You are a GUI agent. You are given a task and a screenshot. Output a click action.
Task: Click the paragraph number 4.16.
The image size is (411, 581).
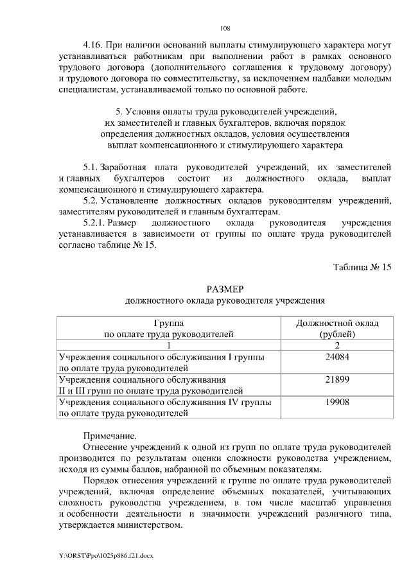(x=94, y=46)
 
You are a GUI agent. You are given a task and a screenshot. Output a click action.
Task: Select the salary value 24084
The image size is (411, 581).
(x=337, y=357)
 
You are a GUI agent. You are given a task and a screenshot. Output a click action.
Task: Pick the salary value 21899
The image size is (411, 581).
(x=337, y=379)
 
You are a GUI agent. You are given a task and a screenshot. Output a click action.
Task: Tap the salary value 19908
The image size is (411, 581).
(x=337, y=402)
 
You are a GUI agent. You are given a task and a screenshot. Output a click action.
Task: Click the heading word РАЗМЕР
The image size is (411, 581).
(x=225, y=288)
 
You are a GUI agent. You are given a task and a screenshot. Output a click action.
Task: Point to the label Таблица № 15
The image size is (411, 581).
(x=362, y=266)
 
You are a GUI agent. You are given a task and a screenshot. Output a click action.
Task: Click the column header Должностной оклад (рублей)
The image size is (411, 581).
(x=337, y=329)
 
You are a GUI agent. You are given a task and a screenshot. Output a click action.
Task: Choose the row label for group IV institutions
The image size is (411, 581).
(x=164, y=408)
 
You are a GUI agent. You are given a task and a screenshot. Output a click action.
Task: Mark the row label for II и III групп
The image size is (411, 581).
(x=150, y=390)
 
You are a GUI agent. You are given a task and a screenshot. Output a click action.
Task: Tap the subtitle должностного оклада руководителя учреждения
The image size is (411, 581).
(x=225, y=300)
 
